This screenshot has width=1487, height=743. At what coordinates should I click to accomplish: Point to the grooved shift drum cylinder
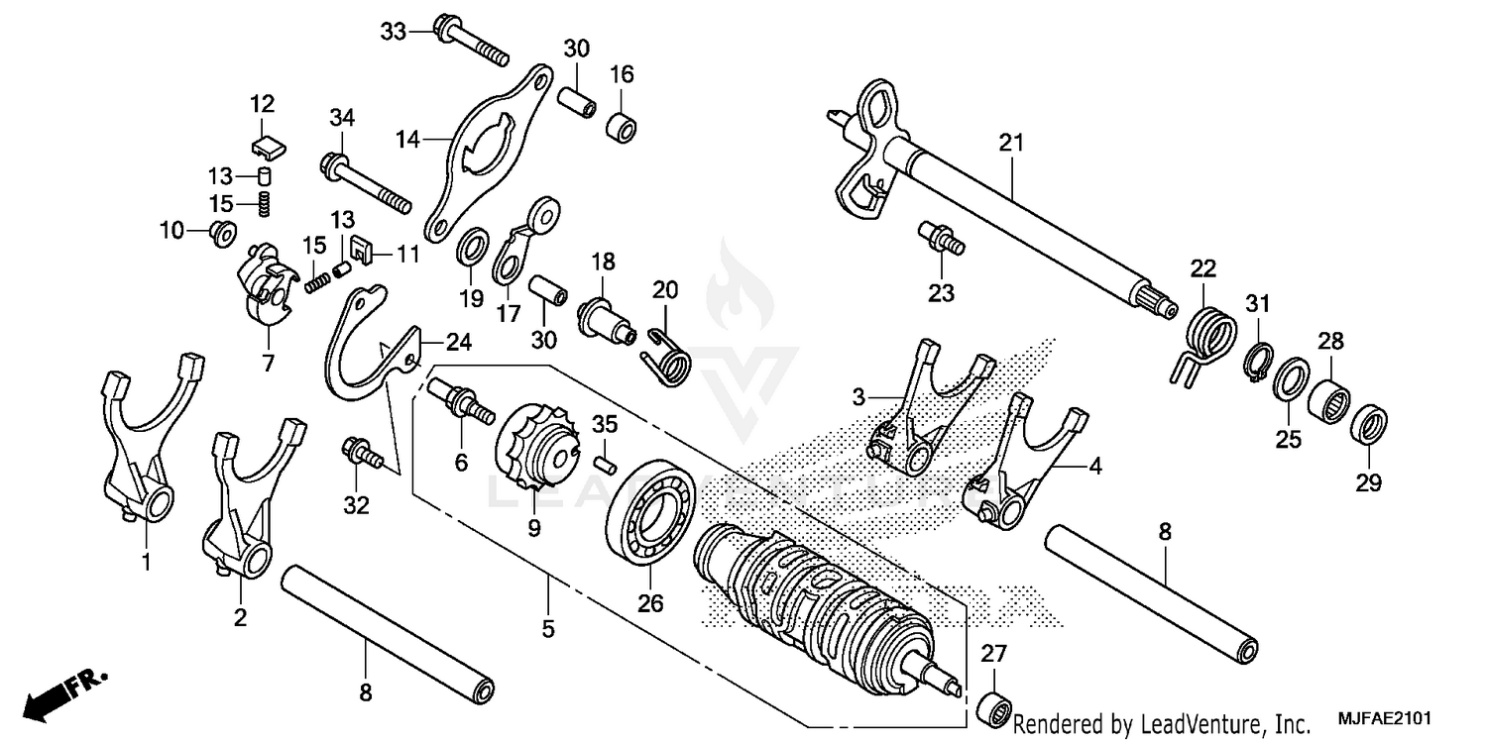(813, 609)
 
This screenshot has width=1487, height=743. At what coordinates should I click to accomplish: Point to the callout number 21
(1009, 143)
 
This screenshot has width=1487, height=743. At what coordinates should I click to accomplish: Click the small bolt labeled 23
(942, 239)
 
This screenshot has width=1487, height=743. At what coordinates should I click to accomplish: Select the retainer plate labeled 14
(486, 154)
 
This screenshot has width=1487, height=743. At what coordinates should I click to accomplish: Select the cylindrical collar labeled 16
(622, 129)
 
